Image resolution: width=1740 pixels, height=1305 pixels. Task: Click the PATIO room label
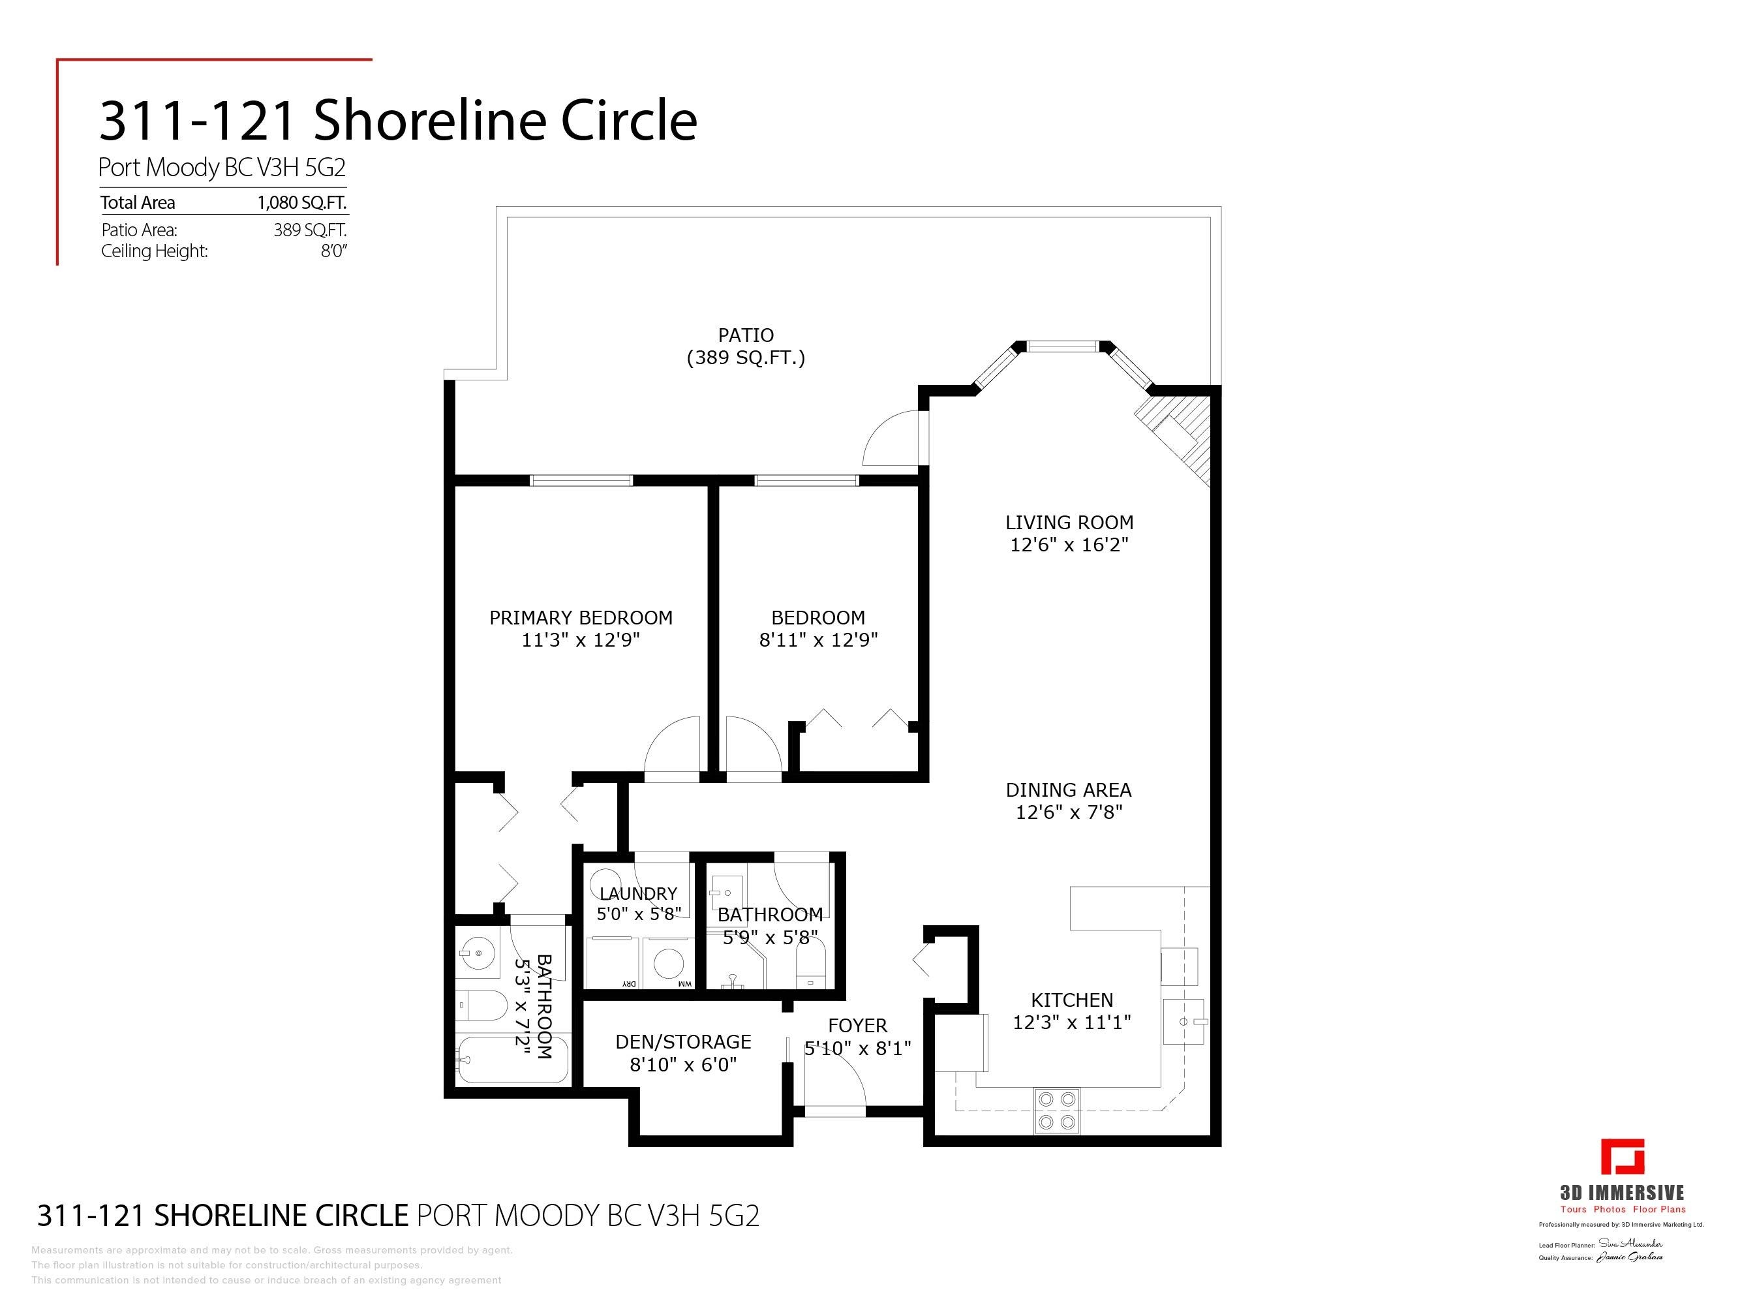pos(745,335)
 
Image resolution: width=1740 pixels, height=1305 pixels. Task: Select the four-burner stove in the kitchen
pos(1056,1110)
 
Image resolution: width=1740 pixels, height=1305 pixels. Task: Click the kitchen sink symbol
pos(1184,1021)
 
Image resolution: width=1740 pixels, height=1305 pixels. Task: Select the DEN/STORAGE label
pos(683,1041)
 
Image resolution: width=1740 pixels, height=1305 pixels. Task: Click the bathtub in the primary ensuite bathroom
pos(512,1059)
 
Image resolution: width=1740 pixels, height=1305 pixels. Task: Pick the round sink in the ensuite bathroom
pos(478,953)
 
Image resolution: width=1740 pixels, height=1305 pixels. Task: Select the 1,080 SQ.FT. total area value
pos(301,203)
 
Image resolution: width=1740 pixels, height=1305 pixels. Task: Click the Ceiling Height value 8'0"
pos(333,251)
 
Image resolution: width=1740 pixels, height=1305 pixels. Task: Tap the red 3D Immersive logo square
pos(1622,1156)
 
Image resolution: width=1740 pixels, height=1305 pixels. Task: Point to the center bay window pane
pos(1063,346)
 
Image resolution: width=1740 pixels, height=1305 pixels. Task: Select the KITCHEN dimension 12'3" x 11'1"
pos(1071,1022)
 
